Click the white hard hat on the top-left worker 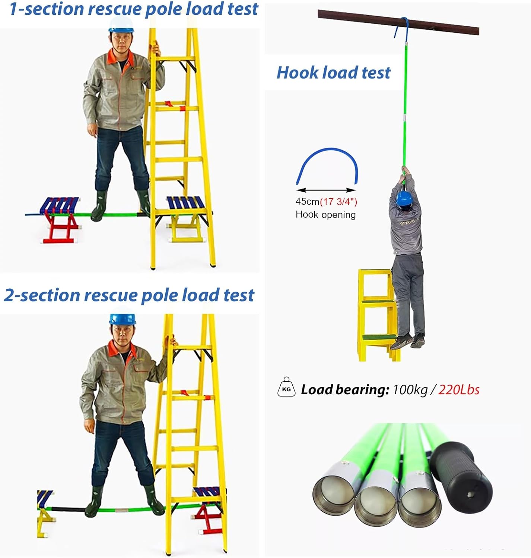coord(121,24)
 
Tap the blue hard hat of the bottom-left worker coord(123,319)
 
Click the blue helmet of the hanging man coord(404,198)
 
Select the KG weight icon coord(286,387)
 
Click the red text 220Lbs coord(458,390)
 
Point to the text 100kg coord(410,390)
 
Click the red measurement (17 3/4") coord(338,202)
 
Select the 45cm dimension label coord(308,202)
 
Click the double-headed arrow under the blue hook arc coord(326,190)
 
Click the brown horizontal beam coord(398,22)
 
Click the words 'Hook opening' coord(325,215)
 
